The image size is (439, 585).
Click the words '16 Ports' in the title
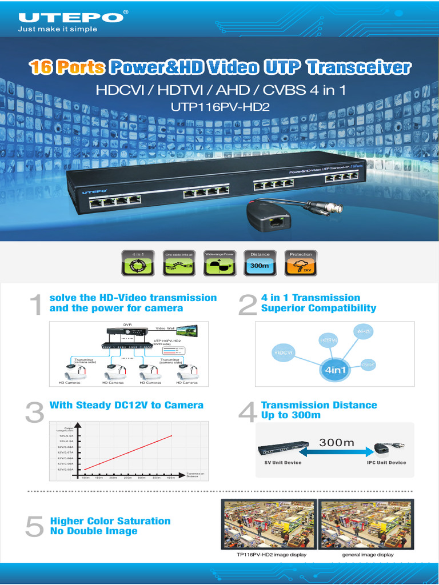click(67, 68)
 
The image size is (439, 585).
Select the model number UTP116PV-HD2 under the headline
click(219, 106)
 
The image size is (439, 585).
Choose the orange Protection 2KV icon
click(301, 263)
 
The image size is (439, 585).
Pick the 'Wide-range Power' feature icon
click(219, 263)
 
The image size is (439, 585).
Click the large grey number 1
click(35, 305)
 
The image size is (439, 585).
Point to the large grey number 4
click(247, 414)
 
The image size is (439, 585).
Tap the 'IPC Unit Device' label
click(386, 462)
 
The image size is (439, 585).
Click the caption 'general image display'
click(368, 555)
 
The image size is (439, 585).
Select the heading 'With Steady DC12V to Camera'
click(126, 405)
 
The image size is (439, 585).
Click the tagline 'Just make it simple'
click(57, 29)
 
